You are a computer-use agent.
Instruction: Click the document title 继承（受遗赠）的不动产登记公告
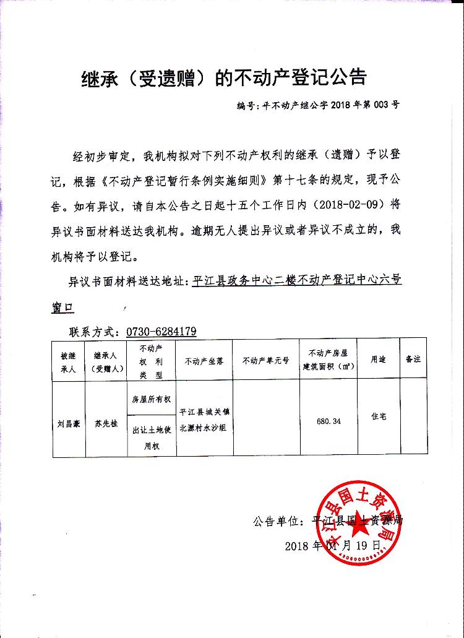pos(225,77)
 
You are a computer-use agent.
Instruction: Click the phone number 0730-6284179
pos(161,331)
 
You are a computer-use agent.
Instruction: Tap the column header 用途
pos(378,359)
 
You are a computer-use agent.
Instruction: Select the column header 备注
pos(413,359)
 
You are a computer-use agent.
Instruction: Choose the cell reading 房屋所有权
pos(151,399)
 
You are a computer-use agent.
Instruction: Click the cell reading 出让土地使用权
pos(151,438)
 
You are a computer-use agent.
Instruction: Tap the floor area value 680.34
pos(328,421)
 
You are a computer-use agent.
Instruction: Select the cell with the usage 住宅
pos(378,417)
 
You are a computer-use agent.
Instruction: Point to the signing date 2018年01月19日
pos(331,545)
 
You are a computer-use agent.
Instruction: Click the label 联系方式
pos(92,331)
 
